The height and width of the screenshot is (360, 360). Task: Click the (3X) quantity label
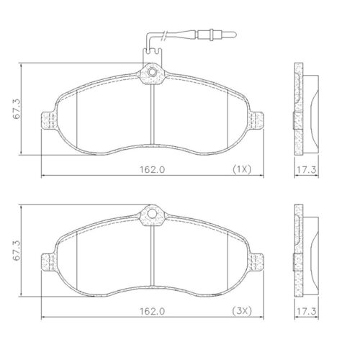240,311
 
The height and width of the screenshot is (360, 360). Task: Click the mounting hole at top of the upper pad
152,71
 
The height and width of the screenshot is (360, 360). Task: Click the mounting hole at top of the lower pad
152,213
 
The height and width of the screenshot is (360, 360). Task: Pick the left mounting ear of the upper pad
49,122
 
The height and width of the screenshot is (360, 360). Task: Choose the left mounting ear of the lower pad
49,264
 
